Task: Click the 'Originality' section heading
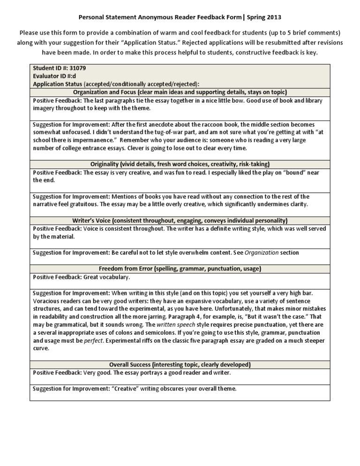click(180, 164)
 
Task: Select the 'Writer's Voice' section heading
click(180, 220)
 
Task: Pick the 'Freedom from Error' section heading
click(180, 269)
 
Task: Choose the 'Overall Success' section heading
click(180, 364)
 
